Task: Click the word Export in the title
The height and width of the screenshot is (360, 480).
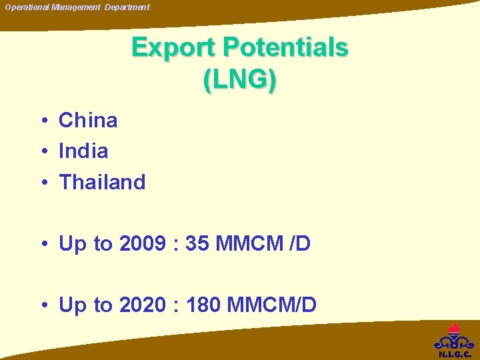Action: pyautogui.click(x=174, y=48)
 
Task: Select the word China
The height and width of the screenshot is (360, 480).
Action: pyautogui.click(x=88, y=121)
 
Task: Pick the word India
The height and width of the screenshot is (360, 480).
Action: pyautogui.click(x=83, y=151)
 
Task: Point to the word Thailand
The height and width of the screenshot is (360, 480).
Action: pyautogui.click(x=102, y=182)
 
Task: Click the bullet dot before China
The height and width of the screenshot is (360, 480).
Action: pyautogui.click(x=42, y=121)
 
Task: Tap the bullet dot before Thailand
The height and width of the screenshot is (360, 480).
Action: pyautogui.click(x=42, y=183)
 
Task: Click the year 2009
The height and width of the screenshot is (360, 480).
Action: pyautogui.click(x=142, y=244)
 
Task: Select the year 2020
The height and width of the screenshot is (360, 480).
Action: pyautogui.click(x=142, y=305)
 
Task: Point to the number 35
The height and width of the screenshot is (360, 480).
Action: pyautogui.click(x=197, y=244)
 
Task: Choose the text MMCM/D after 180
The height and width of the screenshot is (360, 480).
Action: pyautogui.click(x=271, y=305)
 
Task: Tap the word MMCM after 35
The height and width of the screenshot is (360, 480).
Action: pyautogui.click(x=249, y=244)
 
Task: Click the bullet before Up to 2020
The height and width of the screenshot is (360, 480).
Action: pyautogui.click(x=42, y=306)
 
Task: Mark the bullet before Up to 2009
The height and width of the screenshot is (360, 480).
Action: pyautogui.click(x=42, y=245)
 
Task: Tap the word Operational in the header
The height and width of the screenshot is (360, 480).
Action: pyautogui.click(x=27, y=7)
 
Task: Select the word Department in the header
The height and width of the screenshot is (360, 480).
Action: pyautogui.click(x=127, y=7)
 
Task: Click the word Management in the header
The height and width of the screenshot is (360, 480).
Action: pyautogui.click(x=76, y=7)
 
